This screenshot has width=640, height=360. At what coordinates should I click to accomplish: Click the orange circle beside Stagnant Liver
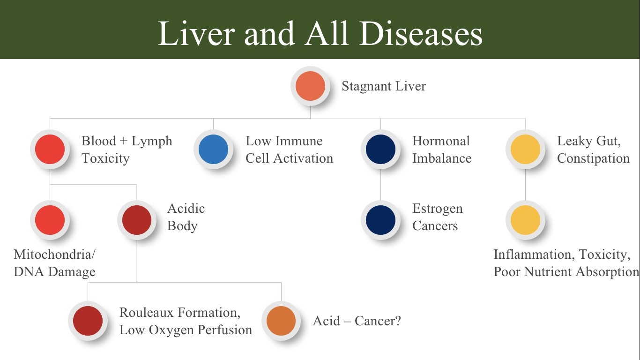pos(310,86)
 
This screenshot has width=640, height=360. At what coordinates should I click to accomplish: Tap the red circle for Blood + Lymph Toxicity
pos(50,149)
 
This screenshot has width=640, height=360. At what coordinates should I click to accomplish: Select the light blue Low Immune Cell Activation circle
pos(214,149)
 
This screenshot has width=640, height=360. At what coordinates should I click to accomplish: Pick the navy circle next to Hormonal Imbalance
pos(380,149)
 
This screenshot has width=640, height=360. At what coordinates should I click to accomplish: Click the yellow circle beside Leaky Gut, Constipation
pos(525,149)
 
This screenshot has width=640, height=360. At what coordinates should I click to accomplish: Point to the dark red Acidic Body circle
pos(137,220)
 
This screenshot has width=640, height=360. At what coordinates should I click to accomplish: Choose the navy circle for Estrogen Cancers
pos(380,220)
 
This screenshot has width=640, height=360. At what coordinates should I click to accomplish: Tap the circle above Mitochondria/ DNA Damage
pos(50,220)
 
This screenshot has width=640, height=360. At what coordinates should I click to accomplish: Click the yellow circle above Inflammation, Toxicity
pos(525,220)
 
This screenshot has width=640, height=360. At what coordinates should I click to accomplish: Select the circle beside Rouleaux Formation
pos(88,321)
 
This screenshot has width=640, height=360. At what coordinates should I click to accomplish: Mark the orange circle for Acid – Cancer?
pos(281,321)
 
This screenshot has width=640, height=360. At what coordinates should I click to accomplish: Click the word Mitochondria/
pos(54,254)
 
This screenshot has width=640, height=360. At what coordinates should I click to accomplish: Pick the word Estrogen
pos(438,209)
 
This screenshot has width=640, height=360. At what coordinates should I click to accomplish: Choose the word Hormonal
pos(441,141)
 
